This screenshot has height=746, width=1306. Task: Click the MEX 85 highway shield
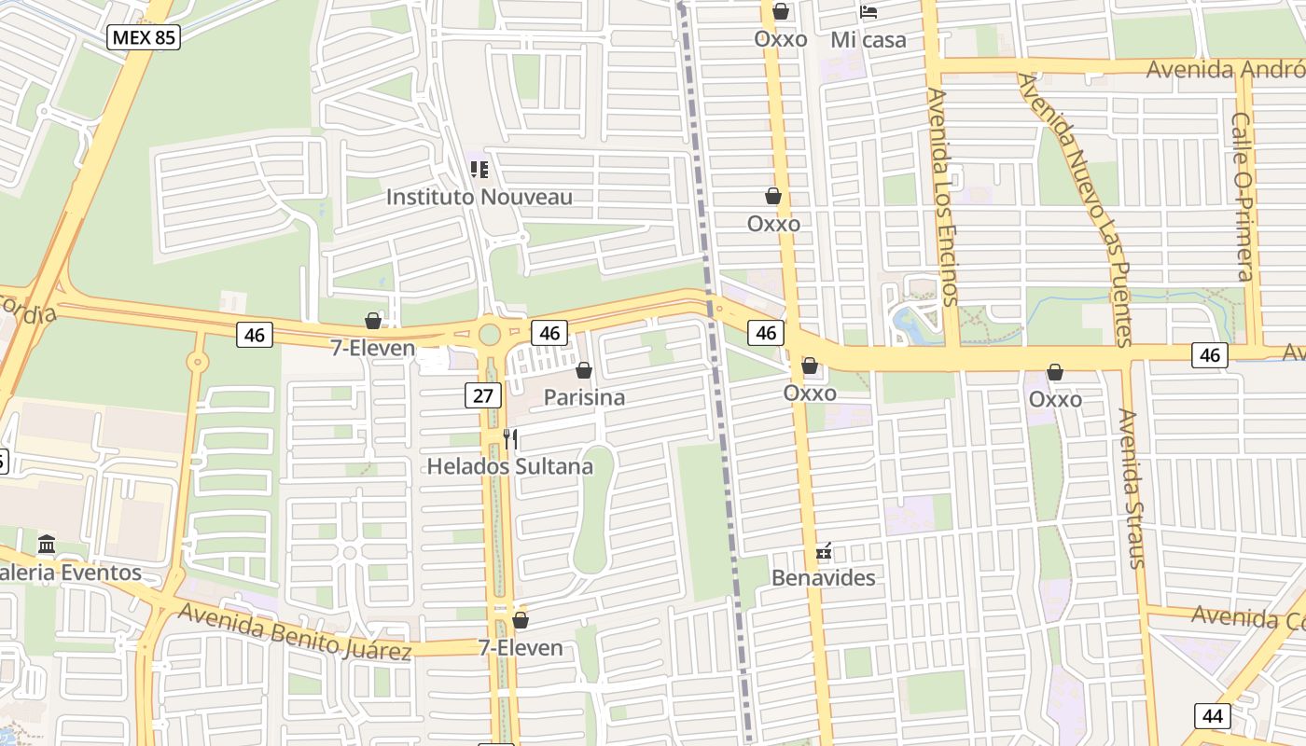144,37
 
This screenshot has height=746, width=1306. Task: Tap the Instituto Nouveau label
479,198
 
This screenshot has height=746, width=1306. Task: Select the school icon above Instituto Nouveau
479,170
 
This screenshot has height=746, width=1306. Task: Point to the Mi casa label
868,40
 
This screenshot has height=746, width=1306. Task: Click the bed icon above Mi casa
868,12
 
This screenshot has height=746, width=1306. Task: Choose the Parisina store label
584,398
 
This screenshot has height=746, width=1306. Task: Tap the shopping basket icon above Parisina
584,371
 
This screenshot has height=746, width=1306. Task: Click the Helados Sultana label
509,466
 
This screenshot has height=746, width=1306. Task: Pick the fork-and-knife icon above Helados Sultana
510,438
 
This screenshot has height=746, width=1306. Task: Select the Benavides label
824,578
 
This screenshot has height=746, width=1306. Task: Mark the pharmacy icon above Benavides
824,551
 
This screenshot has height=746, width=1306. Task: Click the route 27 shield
482,395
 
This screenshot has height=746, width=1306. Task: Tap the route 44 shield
1212,716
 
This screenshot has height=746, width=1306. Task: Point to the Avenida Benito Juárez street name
294,631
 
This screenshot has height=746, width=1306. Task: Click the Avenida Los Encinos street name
942,196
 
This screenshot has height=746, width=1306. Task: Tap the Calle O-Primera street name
1243,196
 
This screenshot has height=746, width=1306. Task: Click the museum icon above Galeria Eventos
47,545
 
